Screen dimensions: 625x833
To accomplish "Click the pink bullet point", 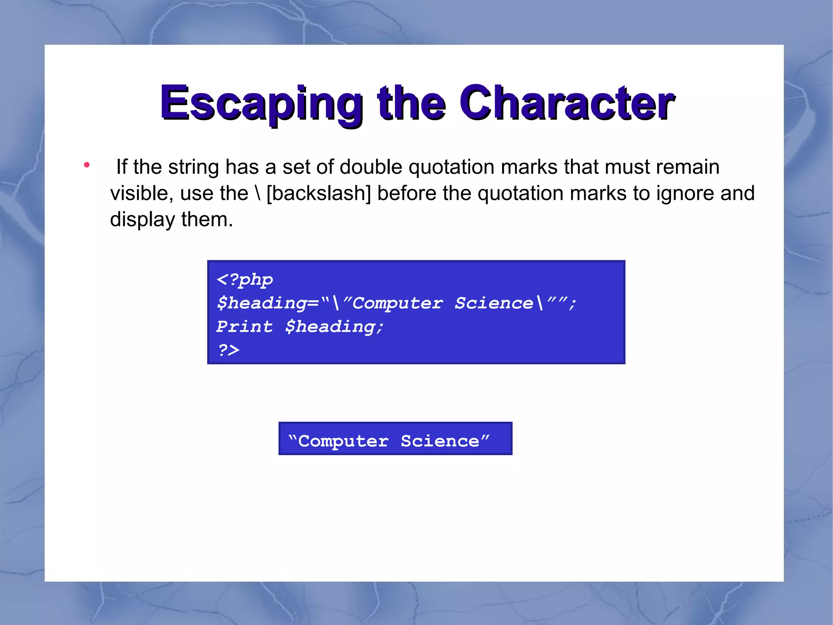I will (86, 165).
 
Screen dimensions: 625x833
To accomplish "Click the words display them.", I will (171, 220).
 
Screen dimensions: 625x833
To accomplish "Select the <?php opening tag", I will (245, 280).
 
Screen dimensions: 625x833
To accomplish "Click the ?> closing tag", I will (229, 350).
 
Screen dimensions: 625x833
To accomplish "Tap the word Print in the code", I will (244, 327).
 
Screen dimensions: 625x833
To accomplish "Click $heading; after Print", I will (334, 327).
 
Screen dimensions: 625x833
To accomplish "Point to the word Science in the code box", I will (493, 303).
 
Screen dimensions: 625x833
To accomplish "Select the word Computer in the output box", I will (343, 441).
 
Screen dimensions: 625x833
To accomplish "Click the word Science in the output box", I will (440, 441).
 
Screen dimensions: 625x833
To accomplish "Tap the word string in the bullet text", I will (194, 167).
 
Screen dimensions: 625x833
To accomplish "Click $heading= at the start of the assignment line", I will (268, 303).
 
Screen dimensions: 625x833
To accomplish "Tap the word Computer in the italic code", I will (397, 303).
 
